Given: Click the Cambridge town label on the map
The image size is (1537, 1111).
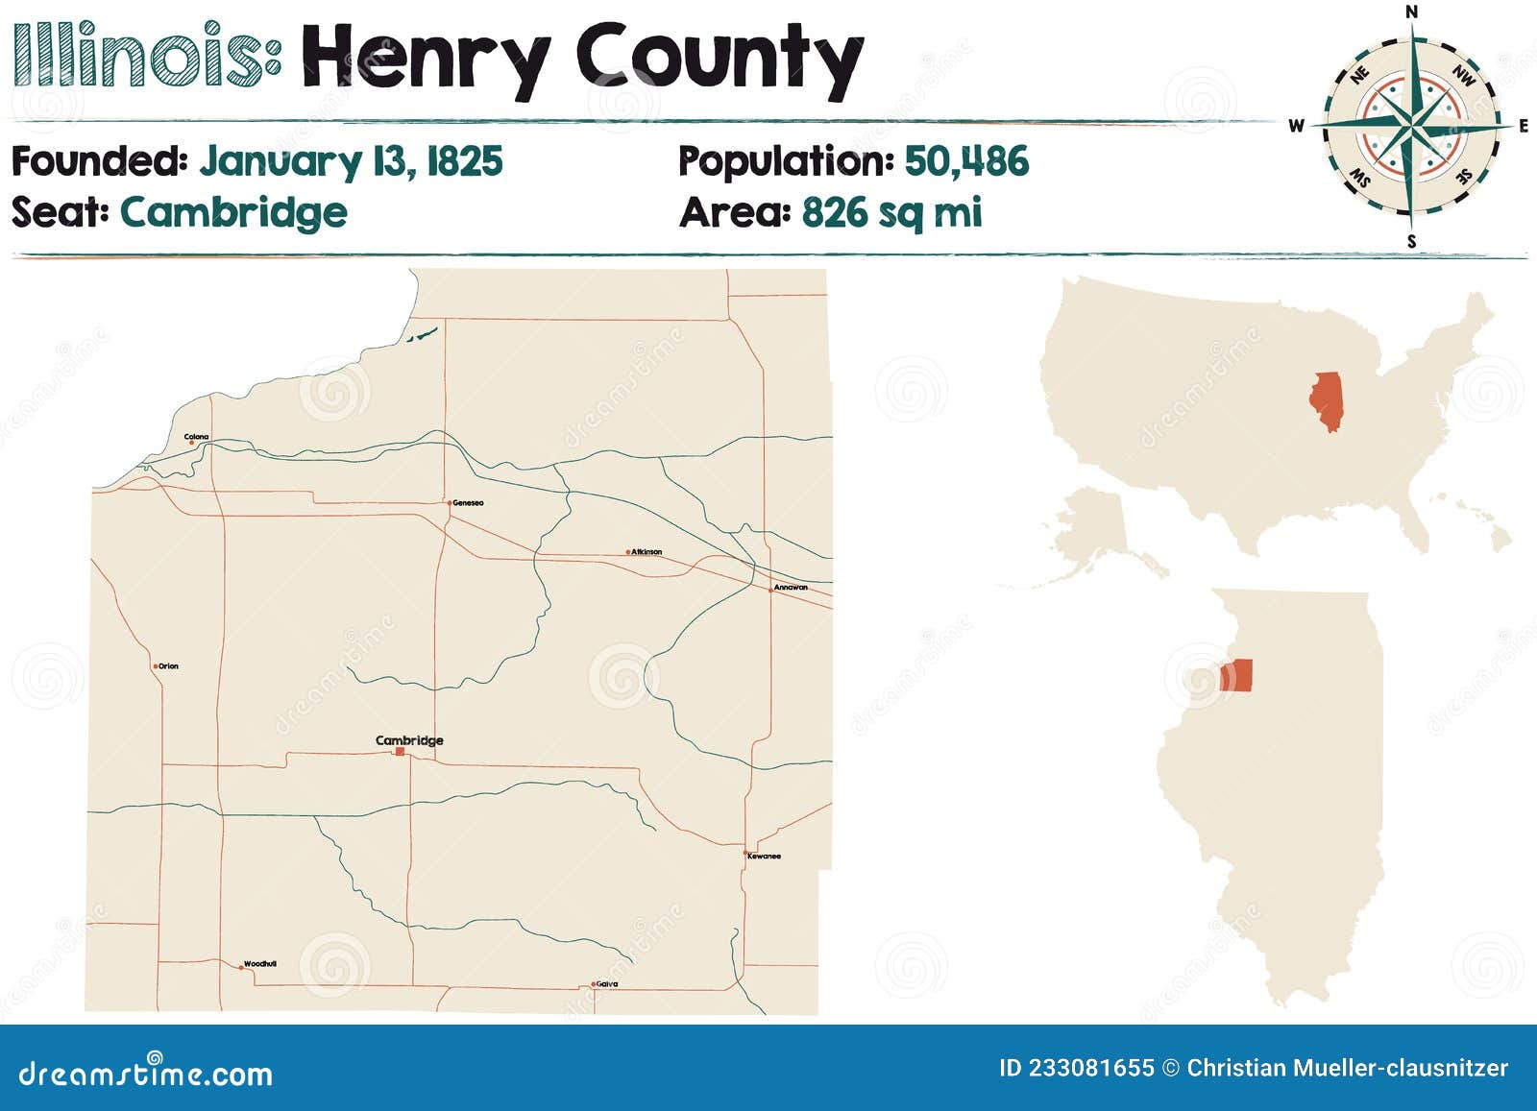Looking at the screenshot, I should (x=409, y=740).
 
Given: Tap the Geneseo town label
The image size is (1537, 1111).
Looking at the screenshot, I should (x=468, y=502).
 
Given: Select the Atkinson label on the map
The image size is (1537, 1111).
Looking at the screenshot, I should (x=647, y=552).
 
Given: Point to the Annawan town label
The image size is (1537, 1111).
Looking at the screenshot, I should (x=791, y=587).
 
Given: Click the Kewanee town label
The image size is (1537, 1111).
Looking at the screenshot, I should (x=765, y=856).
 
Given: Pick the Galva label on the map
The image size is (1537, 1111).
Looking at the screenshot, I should (x=606, y=983).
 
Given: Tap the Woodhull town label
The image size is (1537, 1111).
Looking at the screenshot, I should (x=260, y=963).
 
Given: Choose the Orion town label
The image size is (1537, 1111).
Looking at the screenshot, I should (x=168, y=665).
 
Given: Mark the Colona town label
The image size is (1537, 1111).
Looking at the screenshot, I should (x=197, y=437).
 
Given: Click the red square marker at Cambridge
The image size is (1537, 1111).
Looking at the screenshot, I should (x=400, y=752).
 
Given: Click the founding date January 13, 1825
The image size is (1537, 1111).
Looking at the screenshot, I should (x=351, y=161).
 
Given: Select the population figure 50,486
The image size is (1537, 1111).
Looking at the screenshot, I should (x=966, y=161).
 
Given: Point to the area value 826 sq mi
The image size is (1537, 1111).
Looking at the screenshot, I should (x=891, y=212).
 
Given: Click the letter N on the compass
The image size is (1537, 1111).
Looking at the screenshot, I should (x=1411, y=12).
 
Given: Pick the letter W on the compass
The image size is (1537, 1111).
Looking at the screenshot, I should (x=1296, y=126).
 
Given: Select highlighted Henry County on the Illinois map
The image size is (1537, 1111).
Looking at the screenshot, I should (x=1236, y=675).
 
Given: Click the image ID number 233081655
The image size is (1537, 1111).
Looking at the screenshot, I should (x=1091, y=1068).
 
